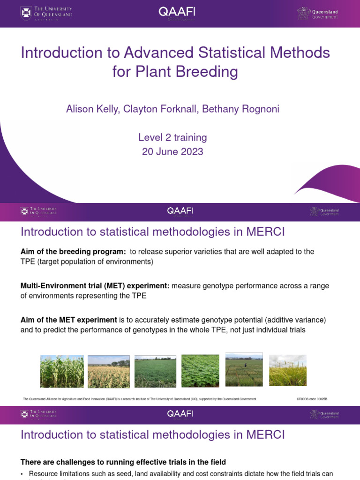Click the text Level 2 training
click(x=172, y=137)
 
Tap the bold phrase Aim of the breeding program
click(x=73, y=252)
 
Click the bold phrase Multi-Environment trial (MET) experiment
click(x=95, y=286)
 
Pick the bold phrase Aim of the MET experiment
click(x=69, y=320)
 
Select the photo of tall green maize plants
click(x=62, y=371)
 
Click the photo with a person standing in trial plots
click(x=244, y=370)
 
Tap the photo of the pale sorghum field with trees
click(x=109, y=371)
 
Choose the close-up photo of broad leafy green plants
click(x=200, y=371)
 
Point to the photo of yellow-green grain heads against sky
click(x=288, y=371)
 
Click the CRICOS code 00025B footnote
click(x=312, y=399)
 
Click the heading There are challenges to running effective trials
click(x=123, y=462)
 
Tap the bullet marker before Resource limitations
click(x=22, y=474)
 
